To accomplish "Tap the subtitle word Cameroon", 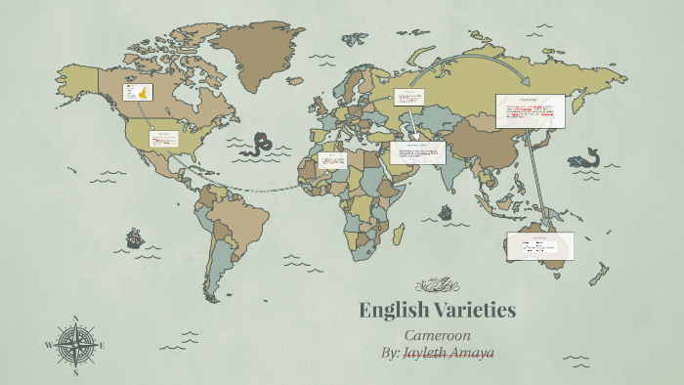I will pyautogui.click(x=437, y=335).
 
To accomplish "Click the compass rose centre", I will pyautogui.click(x=75, y=345).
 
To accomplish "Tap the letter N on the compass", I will pyautogui.click(x=75, y=318).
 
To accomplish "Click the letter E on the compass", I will pyautogui.click(x=102, y=345).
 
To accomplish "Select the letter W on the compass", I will pyautogui.click(x=48, y=345).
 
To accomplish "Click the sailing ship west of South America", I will pyautogui.click(x=134, y=237).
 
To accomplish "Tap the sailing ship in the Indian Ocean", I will pyautogui.click(x=446, y=211).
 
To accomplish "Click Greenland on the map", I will pyautogui.click(x=259, y=49).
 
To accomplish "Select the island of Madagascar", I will pyautogui.click(x=397, y=233).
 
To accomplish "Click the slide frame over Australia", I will pyautogui.click(x=539, y=246).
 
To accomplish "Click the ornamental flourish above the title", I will pyautogui.click(x=437, y=285).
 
